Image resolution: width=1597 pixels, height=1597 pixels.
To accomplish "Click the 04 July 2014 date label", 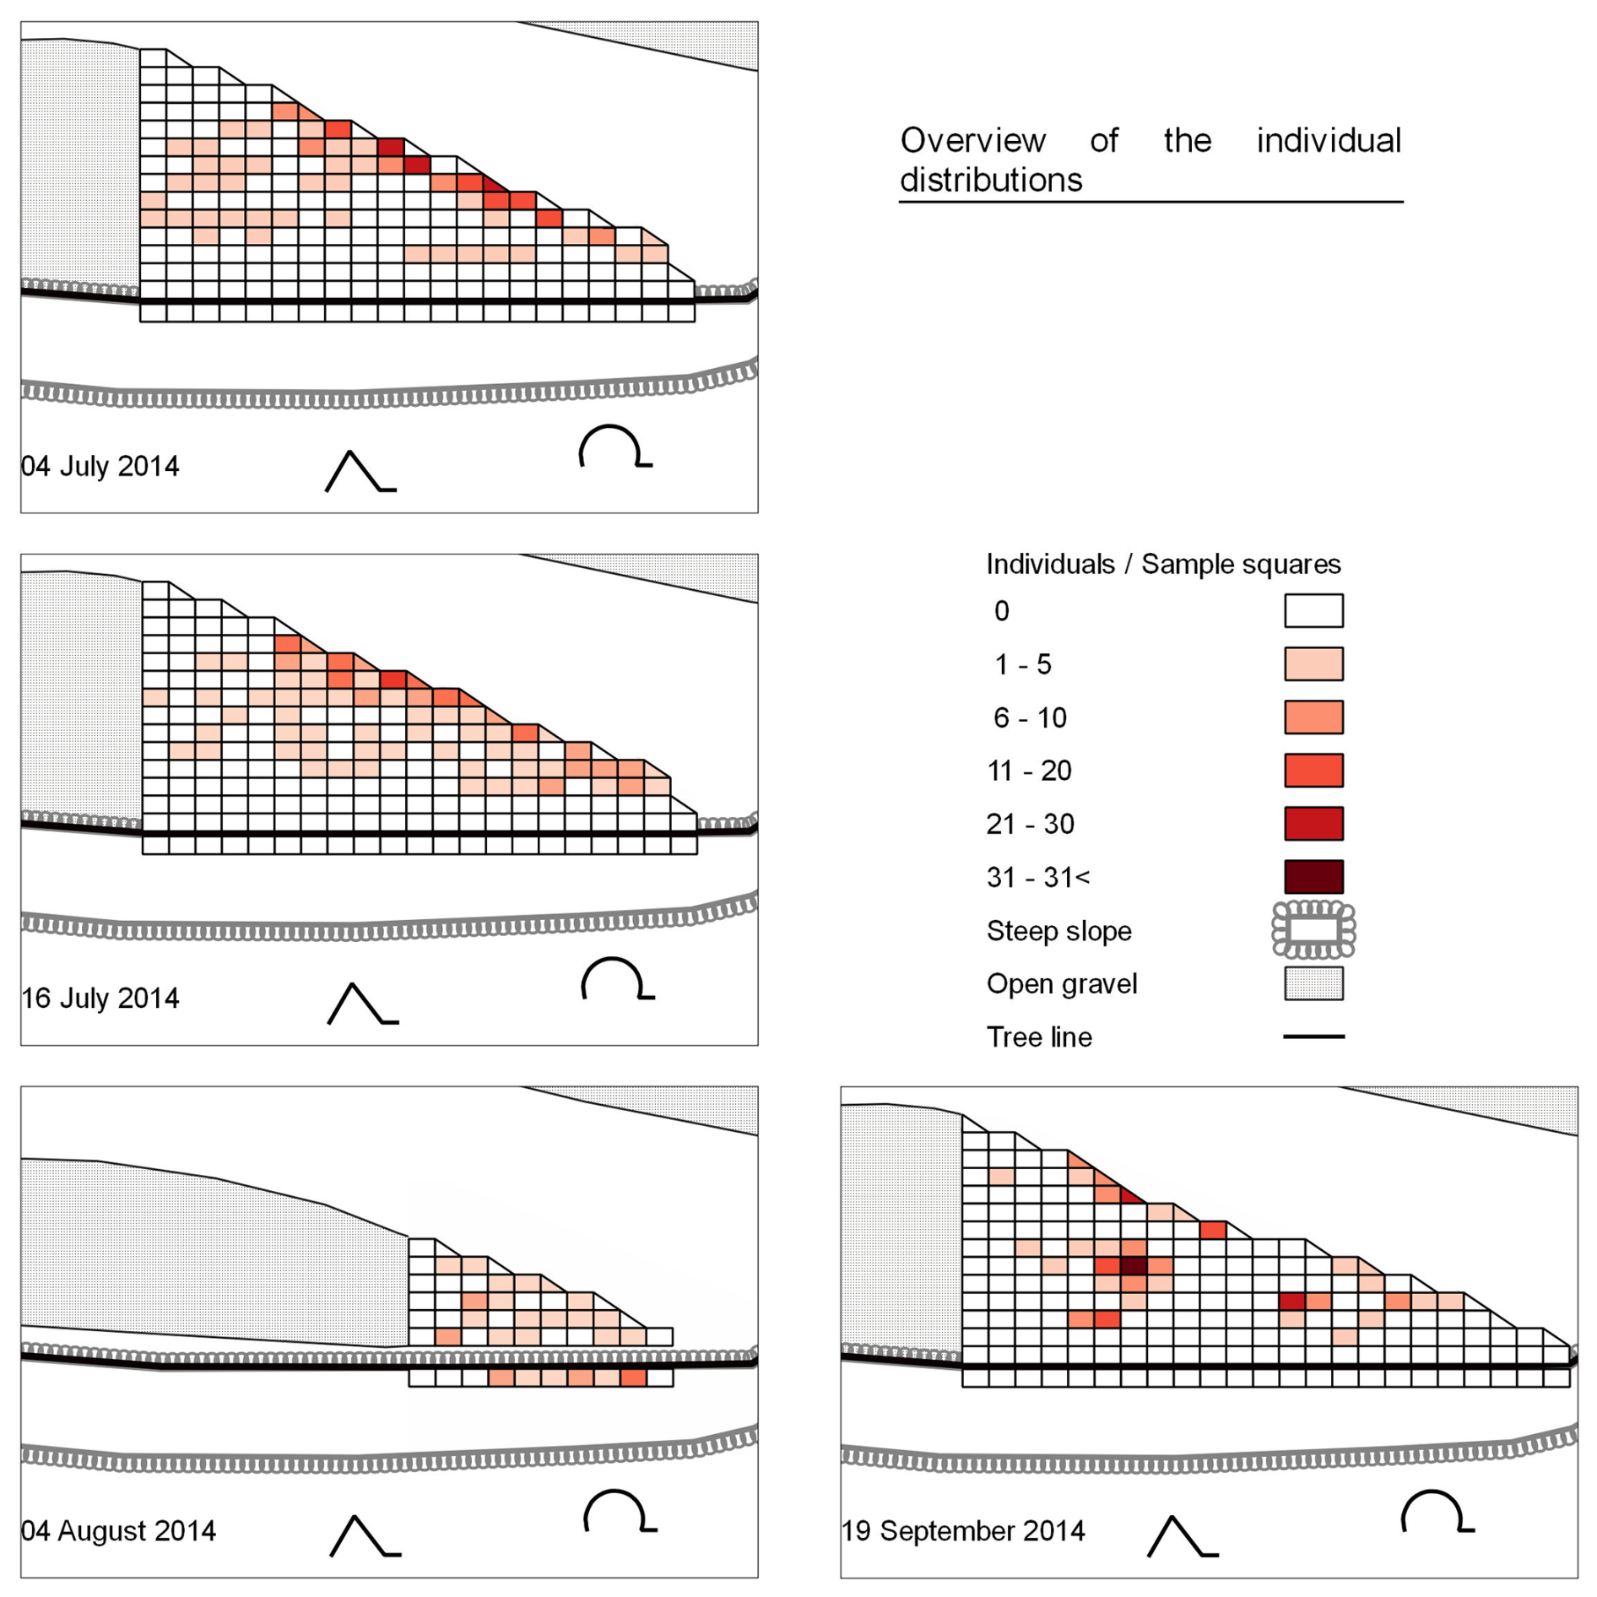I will (x=100, y=466).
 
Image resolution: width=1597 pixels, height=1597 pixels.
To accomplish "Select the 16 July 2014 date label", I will (x=100, y=998).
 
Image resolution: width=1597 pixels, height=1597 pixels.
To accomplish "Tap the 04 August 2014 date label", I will (x=118, y=1530).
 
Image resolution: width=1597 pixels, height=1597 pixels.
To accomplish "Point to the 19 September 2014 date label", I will (x=963, y=1530).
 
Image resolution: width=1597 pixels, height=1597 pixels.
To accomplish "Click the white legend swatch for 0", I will (x=1313, y=610).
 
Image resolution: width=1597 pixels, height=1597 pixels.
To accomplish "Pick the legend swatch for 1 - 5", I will (x=1313, y=663).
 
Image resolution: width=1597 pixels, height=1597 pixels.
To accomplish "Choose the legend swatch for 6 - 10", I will (x=1313, y=717).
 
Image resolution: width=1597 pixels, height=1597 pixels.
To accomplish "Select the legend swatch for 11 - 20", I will (x=1313, y=770).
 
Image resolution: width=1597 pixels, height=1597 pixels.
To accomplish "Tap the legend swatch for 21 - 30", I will (x=1313, y=823).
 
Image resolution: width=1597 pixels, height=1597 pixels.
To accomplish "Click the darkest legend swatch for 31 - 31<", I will (x=1313, y=876).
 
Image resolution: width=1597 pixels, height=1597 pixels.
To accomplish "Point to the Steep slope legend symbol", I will (x=1313, y=929).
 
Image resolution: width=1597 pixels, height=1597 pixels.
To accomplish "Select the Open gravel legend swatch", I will (x=1313, y=983).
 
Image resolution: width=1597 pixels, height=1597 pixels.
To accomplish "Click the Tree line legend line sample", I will (x=1313, y=1036).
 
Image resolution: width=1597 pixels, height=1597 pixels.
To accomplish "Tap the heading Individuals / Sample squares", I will (x=1163, y=564).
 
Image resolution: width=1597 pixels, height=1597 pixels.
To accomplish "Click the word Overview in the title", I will (x=972, y=140).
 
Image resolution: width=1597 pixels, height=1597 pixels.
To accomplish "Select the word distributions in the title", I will (x=991, y=180).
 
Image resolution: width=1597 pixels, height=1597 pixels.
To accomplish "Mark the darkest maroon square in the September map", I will (x=1133, y=1265).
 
